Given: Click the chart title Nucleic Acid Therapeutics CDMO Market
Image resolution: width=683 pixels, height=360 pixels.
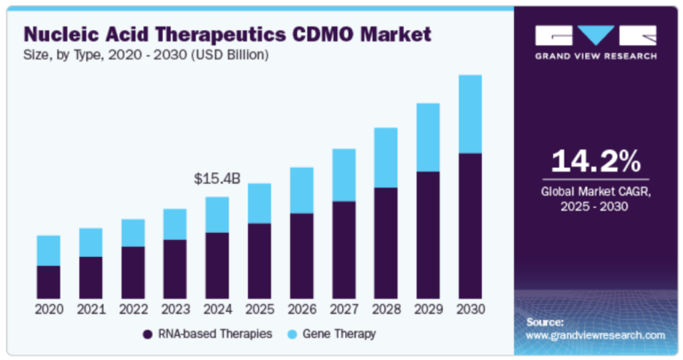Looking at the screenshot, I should pos(228,35).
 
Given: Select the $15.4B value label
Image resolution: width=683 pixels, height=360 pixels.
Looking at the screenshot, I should pos(217,179).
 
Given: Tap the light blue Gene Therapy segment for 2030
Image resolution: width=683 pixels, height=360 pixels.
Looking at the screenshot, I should pos(470,114).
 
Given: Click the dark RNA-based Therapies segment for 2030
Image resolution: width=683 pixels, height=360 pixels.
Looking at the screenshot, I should pos(470,226).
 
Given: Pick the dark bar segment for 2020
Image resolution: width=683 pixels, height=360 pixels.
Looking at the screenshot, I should pos(49,282).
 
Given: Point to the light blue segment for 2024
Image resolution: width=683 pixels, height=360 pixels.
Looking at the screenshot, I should pos(217,214).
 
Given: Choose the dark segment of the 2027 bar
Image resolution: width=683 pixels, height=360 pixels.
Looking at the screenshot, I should pos(343,250).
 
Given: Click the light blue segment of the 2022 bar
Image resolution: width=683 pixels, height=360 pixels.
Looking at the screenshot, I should pos(133,233).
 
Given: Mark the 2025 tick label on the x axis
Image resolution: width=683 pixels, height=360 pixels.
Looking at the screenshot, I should pos(259,309).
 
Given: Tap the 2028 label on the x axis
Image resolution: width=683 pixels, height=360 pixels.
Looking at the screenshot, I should pos(385,309).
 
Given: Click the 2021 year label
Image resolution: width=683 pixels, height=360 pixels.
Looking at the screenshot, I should pos(91,309).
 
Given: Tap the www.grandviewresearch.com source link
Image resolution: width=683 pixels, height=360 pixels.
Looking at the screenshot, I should pos(595,335).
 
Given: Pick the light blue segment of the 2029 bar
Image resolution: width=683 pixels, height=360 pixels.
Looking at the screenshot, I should pos(428,137).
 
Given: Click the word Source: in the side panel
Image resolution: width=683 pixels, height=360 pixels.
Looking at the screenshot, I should pos(544,321).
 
